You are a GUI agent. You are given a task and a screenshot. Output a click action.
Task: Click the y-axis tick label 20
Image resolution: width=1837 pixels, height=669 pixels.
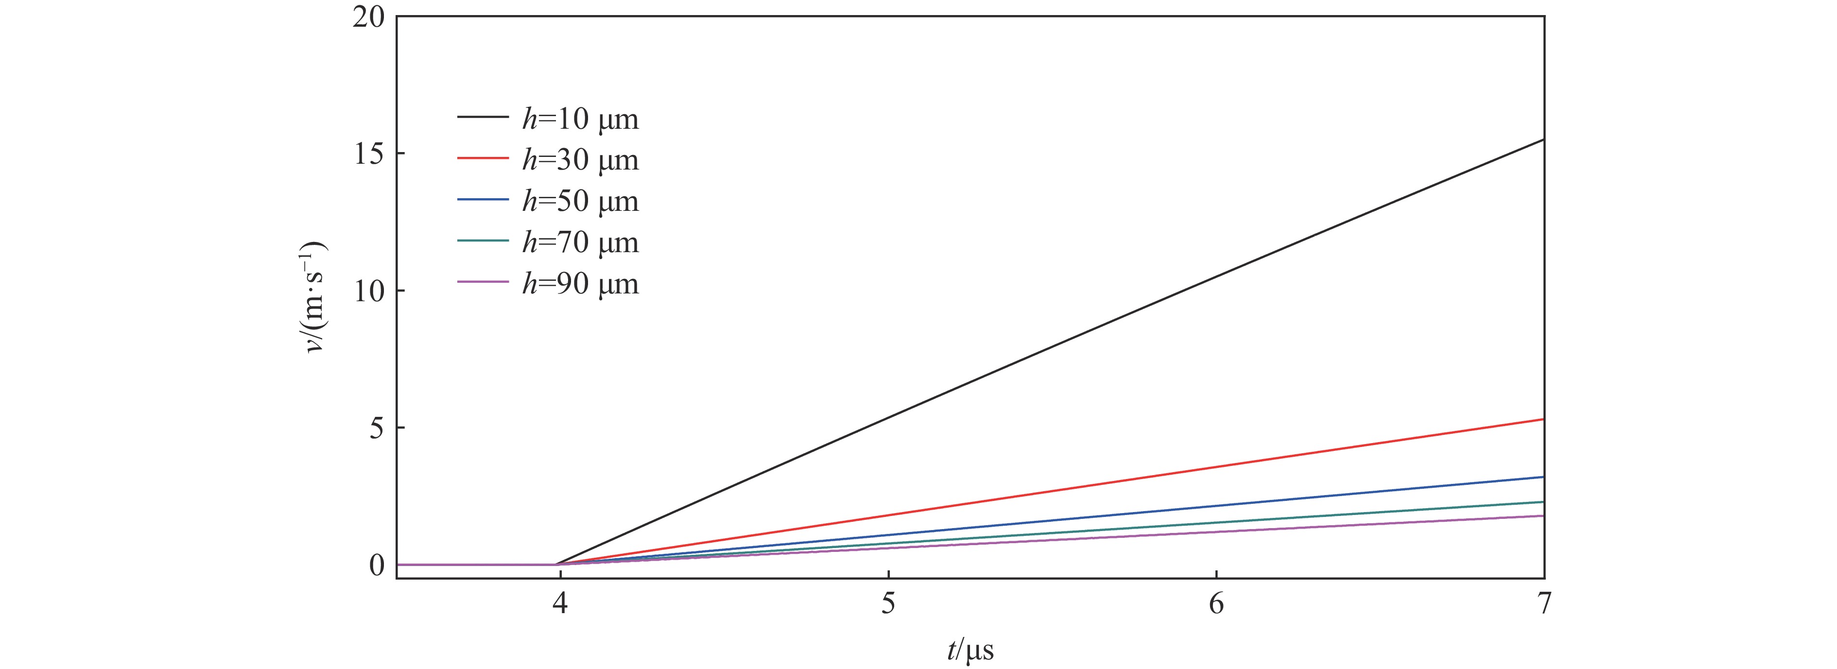click(369, 17)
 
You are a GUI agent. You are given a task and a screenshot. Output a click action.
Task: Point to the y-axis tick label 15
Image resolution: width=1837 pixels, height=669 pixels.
click(369, 154)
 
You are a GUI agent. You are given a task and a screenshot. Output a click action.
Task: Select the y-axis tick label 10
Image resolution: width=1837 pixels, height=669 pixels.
click(369, 291)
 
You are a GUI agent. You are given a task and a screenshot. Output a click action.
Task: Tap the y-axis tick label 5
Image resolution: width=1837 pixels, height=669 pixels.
click(377, 428)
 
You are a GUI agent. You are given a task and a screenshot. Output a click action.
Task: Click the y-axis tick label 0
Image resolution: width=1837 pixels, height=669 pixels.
click(377, 565)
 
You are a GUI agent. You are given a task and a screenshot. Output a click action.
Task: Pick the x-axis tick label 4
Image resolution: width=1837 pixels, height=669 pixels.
click(560, 604)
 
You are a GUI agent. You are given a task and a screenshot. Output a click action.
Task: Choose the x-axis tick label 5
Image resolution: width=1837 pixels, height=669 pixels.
click(888, 604)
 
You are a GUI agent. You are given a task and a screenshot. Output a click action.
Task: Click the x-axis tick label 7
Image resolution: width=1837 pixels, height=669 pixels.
click(1543, 604)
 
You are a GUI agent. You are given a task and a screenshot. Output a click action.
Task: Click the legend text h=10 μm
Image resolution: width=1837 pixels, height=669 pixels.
click(580, 119)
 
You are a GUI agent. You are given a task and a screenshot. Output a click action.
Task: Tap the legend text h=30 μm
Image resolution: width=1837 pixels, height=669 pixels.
click(580, 160)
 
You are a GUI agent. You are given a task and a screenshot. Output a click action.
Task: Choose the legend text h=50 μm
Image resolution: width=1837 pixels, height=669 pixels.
click(580, 201)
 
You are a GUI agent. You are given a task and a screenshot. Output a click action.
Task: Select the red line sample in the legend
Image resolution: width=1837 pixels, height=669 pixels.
click(483, 157)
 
